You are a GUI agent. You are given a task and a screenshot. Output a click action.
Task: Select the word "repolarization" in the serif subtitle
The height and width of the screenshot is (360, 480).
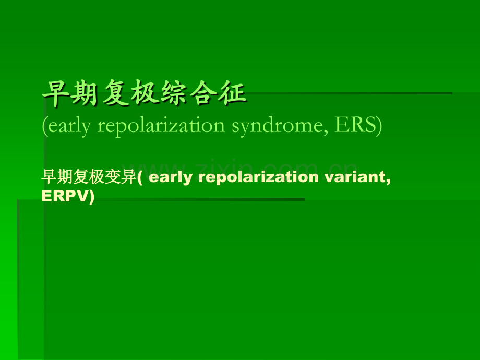coord(159,127)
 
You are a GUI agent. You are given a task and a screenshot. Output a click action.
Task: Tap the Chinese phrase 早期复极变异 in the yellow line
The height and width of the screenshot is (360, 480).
coord(88,177)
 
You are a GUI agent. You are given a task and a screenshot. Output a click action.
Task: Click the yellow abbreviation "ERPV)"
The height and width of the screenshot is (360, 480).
coord(68,196)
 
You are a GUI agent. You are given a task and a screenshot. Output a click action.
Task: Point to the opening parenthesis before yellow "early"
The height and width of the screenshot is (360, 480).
coord(140,177)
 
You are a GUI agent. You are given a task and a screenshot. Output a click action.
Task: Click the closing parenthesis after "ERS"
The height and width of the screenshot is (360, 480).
coord(379,127)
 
